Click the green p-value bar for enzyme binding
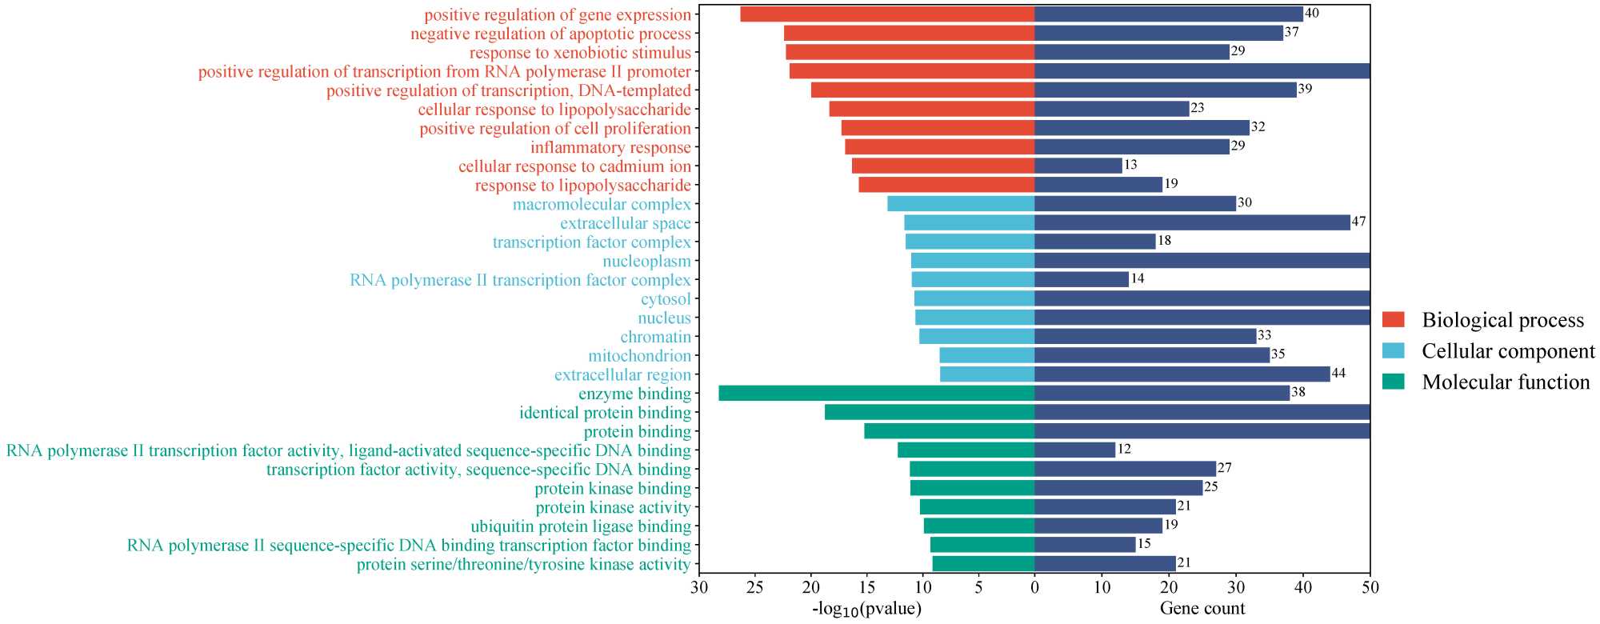pyautogui.click(x=876, y=393)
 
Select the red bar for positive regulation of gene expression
pyautogui.click(x=887, y=14)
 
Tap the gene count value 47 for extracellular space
pyautogui.click(x=1358, y=222)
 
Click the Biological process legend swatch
pyautogui.click(x=1394, y=320)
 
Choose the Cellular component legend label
pyautogui.click(x=1508, y=351)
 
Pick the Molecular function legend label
pyautogui.click(x=1506, y=382)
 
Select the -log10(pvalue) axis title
pyautogui.click(x=867, y=609)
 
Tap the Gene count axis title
pyautogui.click(x=1202, y=609)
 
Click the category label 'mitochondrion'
pyautogui.click(x=639, y=356)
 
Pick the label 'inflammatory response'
pyautogui.click(x=610, y=147)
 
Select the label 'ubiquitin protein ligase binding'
pyautogui.click(x=581, y=526)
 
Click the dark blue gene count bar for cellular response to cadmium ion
pyautogui.click(x=1078, y=166)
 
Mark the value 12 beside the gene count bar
pyautogui.click(x=1124, y=449)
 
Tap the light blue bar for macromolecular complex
pyautogui.click(x=961, y=204)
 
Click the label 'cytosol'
pyautogui.click(x=666, y=299)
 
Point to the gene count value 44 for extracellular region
pyautogui.click(x=1338, y=373)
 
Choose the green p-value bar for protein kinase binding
pyautogui.click(x=972, y=488)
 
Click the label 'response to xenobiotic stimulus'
pyautogui.click(x=580, y=53)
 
